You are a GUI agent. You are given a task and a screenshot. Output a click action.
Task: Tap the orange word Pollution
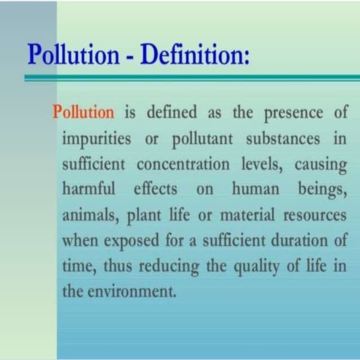pos(83,113)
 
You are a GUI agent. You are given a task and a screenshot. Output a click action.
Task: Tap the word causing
pos(317,166)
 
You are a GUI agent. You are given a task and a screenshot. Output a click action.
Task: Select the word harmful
pos(87,190)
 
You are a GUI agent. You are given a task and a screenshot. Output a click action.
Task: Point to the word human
pos(253,190)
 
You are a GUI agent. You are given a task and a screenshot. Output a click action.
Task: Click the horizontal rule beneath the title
pos(187,76)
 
